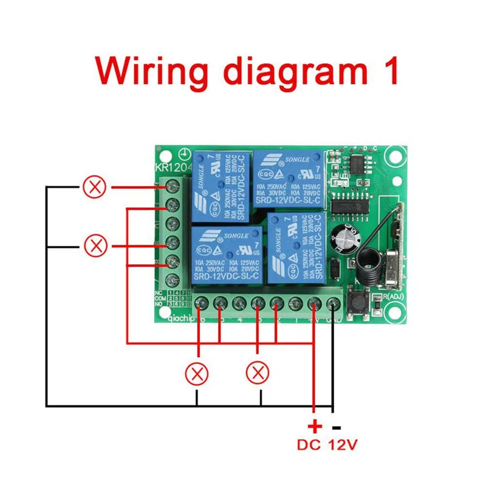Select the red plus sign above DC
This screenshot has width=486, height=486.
(x=314, y=425)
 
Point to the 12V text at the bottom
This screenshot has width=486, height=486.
(x=343, y=445)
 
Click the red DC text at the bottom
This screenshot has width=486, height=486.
(x=310, y=445)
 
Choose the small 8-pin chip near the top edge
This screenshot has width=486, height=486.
(x=358, y=162)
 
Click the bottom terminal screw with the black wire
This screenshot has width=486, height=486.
(x=334, y=303)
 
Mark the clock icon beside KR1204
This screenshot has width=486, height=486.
(x=183, y=156)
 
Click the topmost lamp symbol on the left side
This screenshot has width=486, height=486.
(x=94, y=187)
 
